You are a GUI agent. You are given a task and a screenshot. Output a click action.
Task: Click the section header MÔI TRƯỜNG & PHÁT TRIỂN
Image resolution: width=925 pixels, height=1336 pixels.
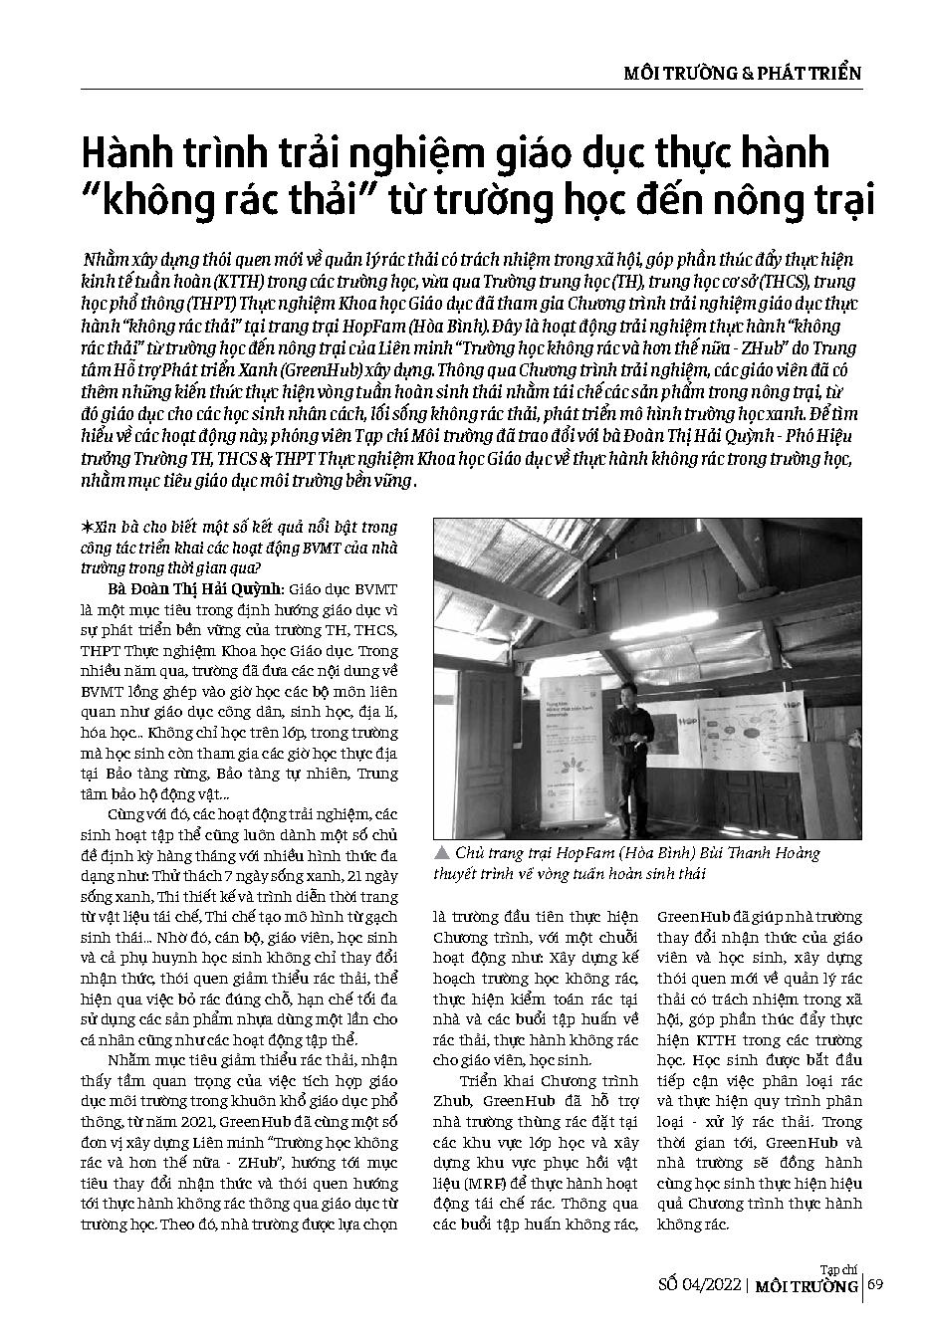point(741,73)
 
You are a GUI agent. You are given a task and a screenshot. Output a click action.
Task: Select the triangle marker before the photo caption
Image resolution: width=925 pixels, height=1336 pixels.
point(440,854)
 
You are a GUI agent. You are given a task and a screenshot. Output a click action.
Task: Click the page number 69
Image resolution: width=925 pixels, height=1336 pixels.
point(875,1284)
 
